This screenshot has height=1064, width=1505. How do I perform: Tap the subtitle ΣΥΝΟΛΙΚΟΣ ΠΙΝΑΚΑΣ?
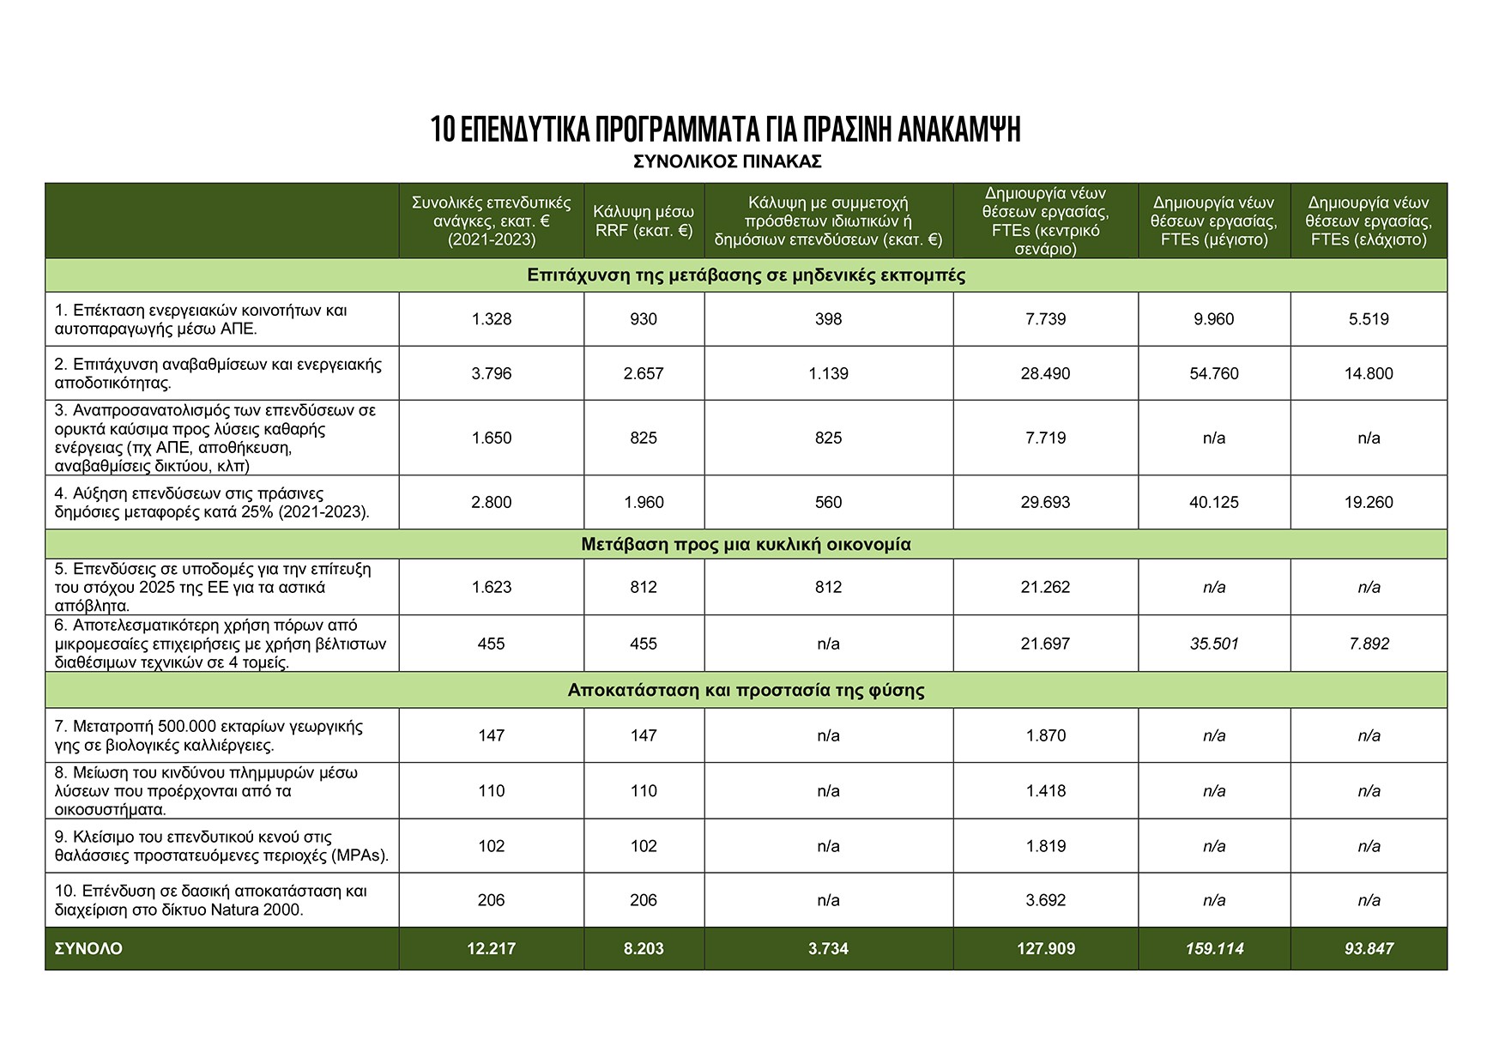click(728, 161)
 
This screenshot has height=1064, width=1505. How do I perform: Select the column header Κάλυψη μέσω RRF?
click(644, 221)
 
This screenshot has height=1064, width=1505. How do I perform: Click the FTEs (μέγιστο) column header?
click(1214, 221)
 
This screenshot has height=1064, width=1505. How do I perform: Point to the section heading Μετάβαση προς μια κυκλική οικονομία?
click(746, 544)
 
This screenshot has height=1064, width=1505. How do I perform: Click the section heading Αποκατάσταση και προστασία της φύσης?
click(746, 690)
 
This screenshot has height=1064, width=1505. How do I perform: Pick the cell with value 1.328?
click(491, 319)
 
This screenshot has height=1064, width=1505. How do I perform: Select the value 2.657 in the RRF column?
click(644, 373)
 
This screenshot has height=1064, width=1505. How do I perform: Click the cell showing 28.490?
click(1045, 373)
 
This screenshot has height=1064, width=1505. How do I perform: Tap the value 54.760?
click(1214, 373)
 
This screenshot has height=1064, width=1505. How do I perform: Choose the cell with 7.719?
click(1045, 438)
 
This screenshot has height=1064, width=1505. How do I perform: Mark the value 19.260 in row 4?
click(1369, 502)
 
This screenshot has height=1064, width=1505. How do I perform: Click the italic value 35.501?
click(1214, 644)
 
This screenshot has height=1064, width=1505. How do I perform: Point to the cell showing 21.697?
click(1045, 644)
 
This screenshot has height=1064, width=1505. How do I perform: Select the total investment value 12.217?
click(491, 949)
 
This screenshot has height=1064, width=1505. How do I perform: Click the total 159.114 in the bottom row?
click(1214, 949)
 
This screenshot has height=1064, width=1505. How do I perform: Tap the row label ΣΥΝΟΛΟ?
click(88, 949)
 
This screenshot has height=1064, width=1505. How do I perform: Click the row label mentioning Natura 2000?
click(211, 900)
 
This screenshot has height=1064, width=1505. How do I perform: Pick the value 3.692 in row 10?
click(1045, 900)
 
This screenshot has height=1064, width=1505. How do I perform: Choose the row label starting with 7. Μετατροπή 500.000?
click(209, 735)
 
